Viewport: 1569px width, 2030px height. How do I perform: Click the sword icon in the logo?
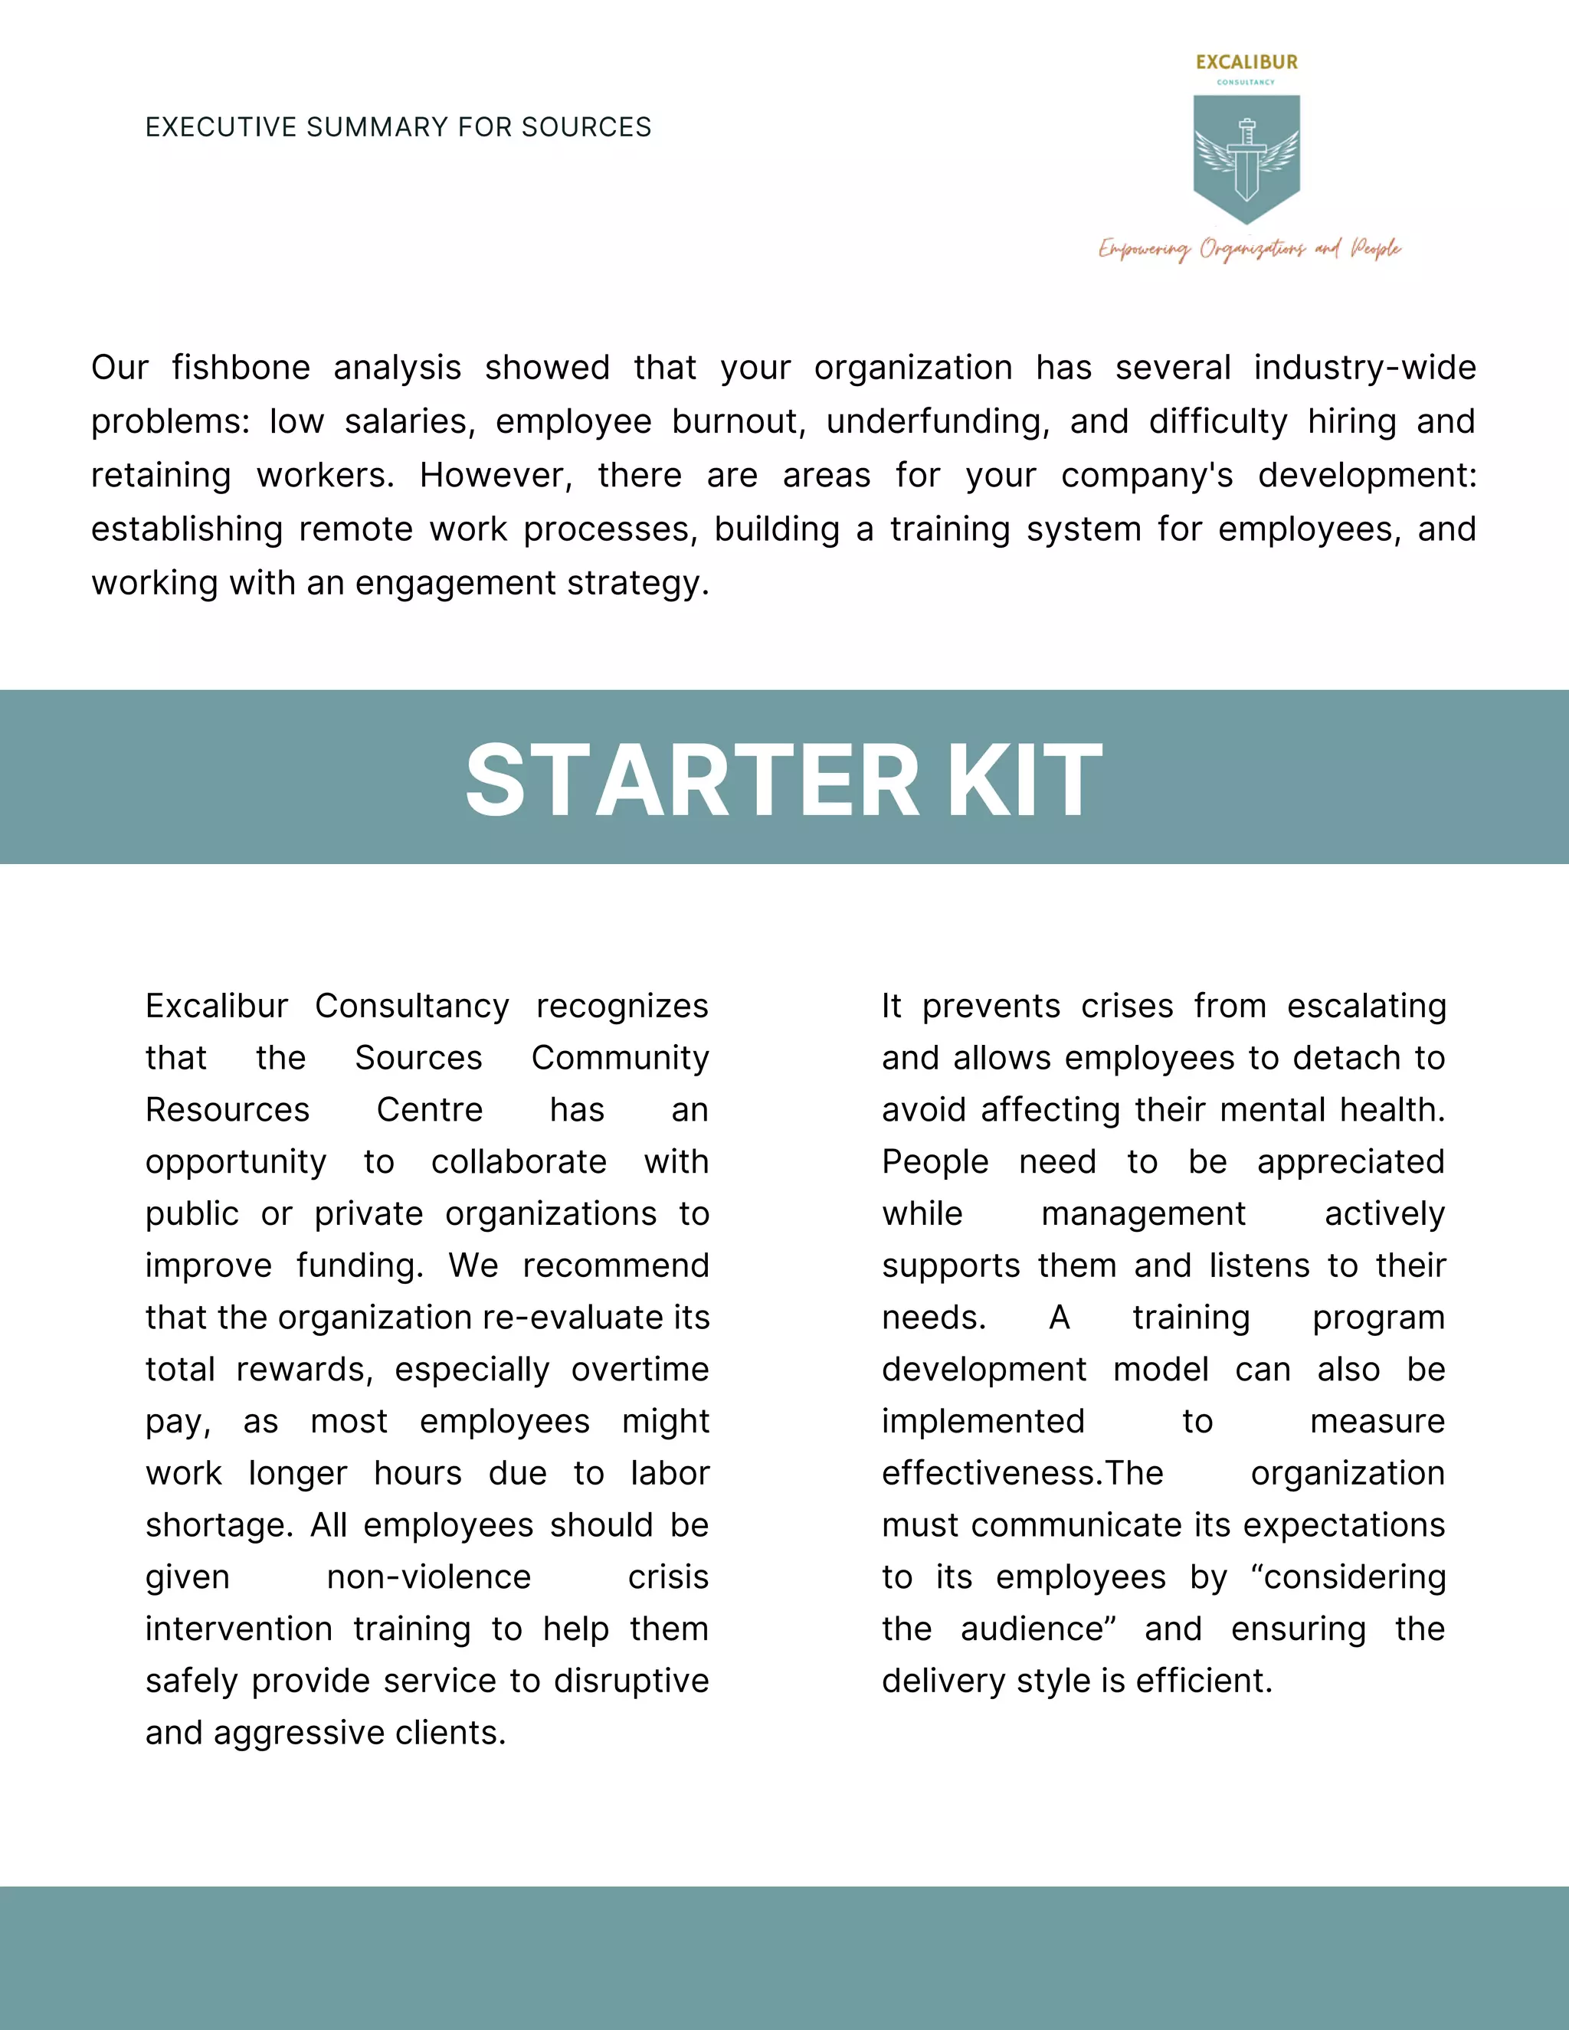(x=1246, y=159)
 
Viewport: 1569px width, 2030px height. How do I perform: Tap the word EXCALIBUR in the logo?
(x=1246, y=62)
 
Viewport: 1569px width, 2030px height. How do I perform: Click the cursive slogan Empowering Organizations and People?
(x=1250, y=249)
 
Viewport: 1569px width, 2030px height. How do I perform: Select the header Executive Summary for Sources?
(x=398, y=127)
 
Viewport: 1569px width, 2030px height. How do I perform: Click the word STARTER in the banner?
(x=692, y=781)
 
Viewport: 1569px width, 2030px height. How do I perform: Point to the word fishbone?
(x=241, y=368)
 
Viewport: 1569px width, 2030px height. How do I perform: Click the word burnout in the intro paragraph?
(x=737, y=422)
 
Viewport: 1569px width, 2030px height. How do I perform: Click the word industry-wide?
(x=1364, y=368)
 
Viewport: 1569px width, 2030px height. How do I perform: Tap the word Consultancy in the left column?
(x=411, y=1006)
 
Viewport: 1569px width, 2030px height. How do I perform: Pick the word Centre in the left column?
(x=430, y=1110)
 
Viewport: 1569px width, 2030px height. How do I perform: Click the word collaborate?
(x=519, y=1162)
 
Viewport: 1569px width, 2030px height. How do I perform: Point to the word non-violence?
(x=428, y=1577)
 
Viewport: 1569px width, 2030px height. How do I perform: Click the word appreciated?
(x=1350, y=1162)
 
